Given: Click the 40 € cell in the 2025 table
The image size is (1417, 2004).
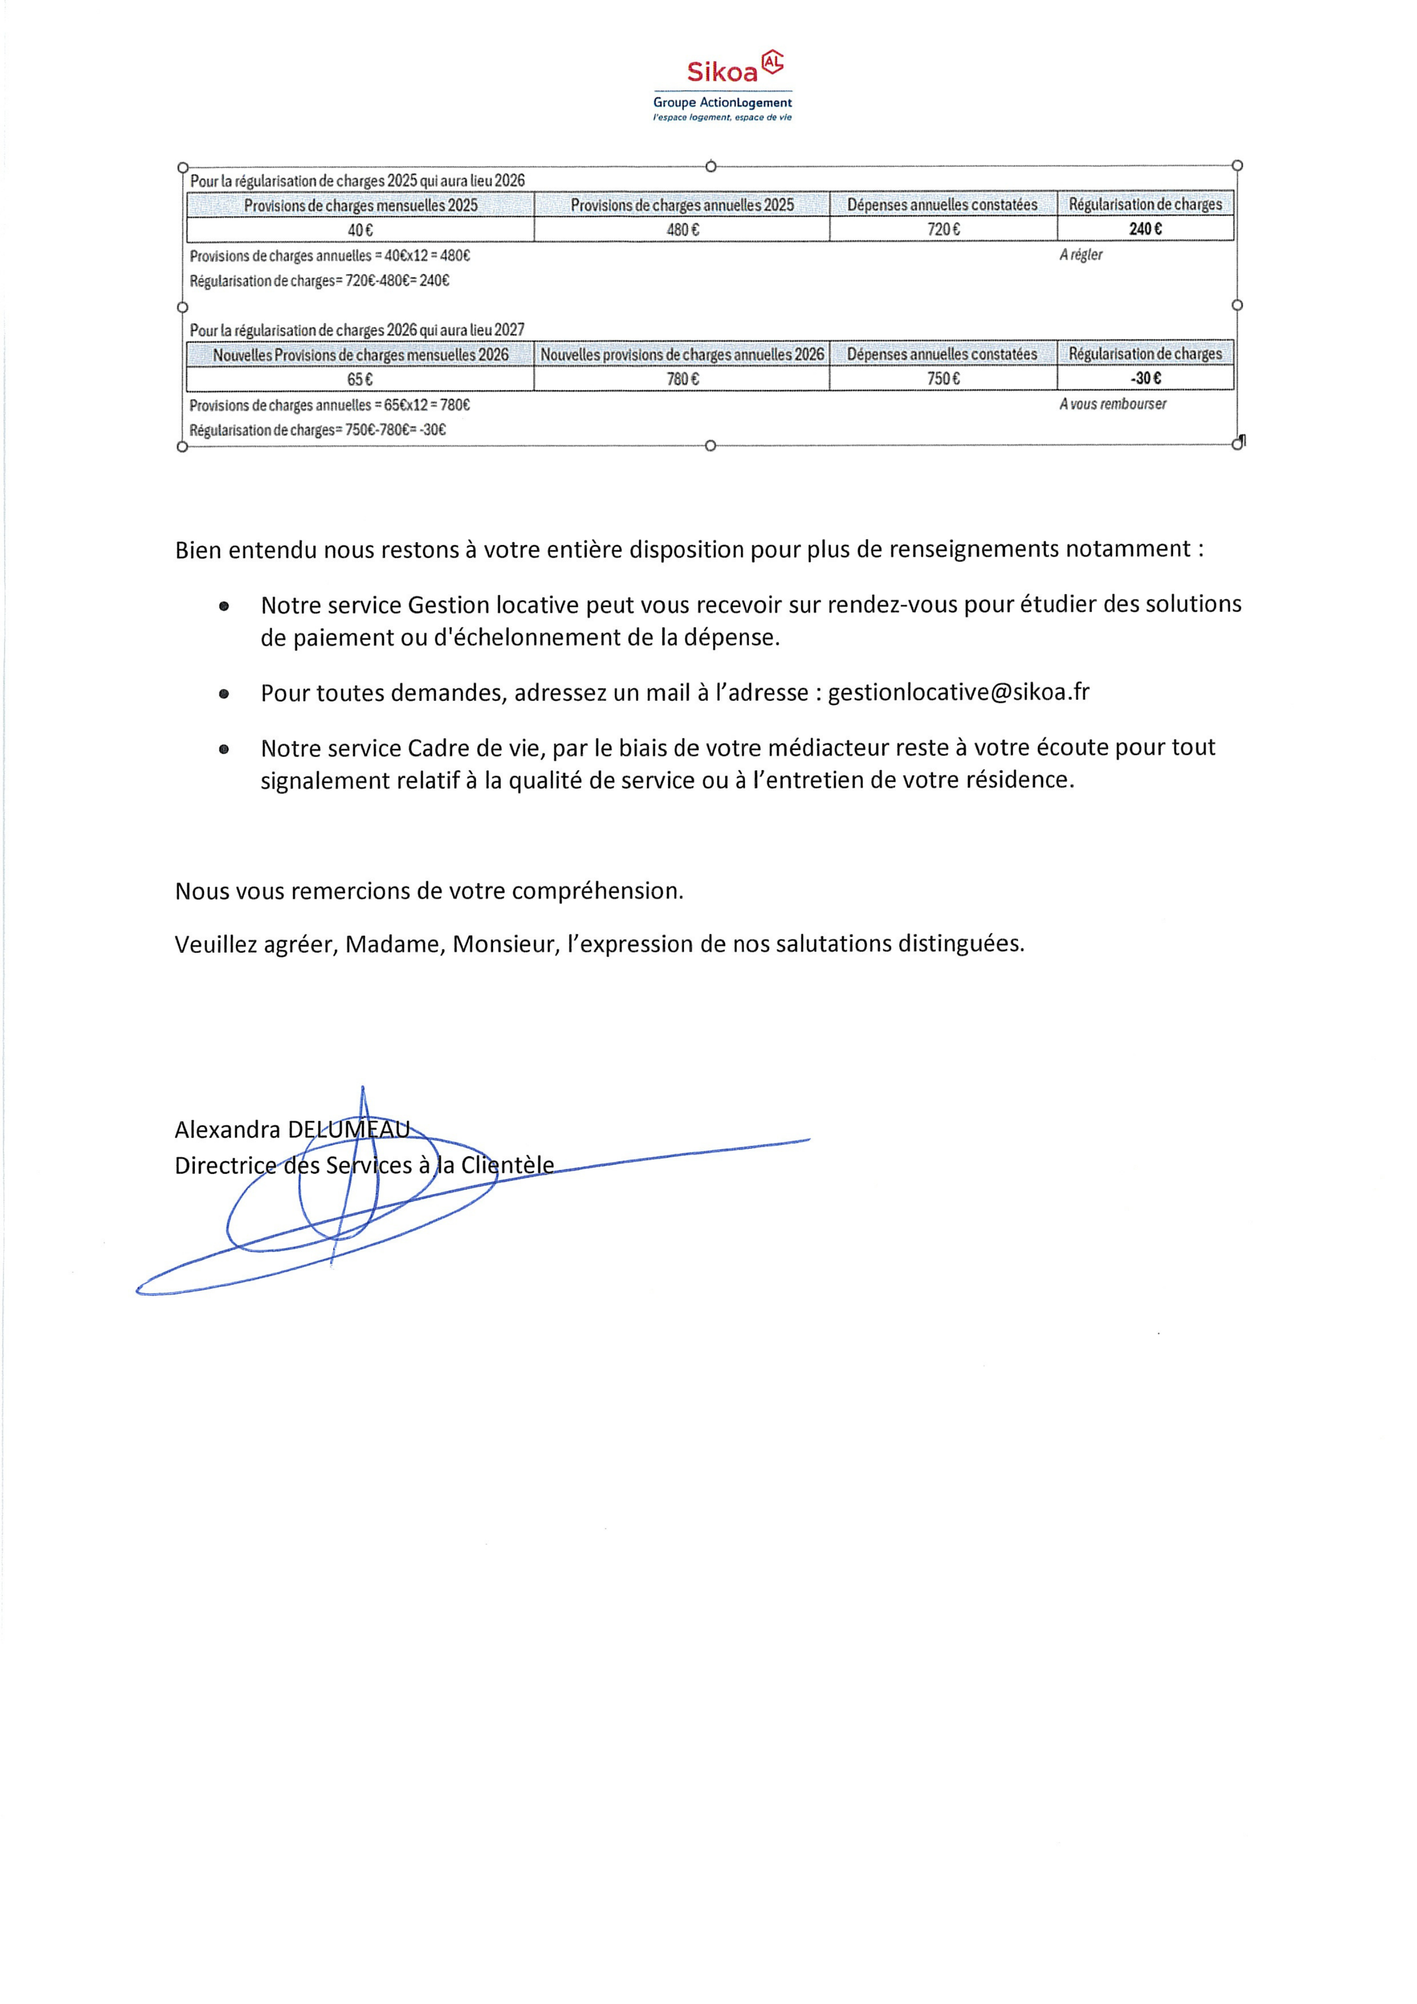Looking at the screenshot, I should pos(360,229).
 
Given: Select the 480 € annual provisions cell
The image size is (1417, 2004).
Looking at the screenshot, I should pos(682,229).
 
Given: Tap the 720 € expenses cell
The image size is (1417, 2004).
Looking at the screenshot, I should pos(943,229).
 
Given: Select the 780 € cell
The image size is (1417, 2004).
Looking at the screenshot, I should pos(682,379).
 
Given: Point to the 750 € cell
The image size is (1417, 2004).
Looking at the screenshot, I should pos(943,379).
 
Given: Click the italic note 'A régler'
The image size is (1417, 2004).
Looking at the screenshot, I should pos(1081,255).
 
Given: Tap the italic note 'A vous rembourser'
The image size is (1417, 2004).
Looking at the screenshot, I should pos(1112,404).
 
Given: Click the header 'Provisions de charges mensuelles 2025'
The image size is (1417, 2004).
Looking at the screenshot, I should pos(360,205).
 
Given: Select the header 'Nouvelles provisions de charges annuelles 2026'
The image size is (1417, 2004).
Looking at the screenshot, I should pos(682,354).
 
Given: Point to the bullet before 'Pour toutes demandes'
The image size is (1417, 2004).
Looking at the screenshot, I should pos(224,694).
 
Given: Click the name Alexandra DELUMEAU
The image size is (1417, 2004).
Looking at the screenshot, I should pos(292,1129).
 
